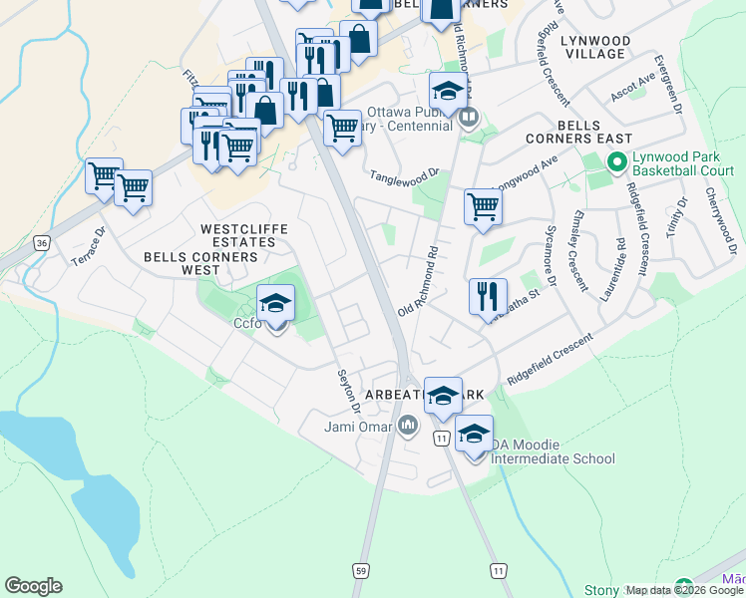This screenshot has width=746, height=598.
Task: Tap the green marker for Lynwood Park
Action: pyautogui.click(x=616, y=160)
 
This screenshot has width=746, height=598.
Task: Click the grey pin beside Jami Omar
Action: pyautogui.click(x=407, y=428)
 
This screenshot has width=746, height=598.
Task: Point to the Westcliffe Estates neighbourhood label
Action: pyautogui.click(x=244, y=235)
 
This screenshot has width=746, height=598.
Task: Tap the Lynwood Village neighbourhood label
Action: pyautogui.click(x=595, y=48)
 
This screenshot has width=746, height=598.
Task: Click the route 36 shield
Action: pyautogui.click(x=40, y=242)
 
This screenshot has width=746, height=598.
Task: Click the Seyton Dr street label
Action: pyautogui.click(x=348, y=388)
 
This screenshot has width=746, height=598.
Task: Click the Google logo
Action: pyautogui.click(x=33, y=586)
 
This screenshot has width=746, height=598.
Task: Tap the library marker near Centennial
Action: pyautogui.click(x=468, y=118)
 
